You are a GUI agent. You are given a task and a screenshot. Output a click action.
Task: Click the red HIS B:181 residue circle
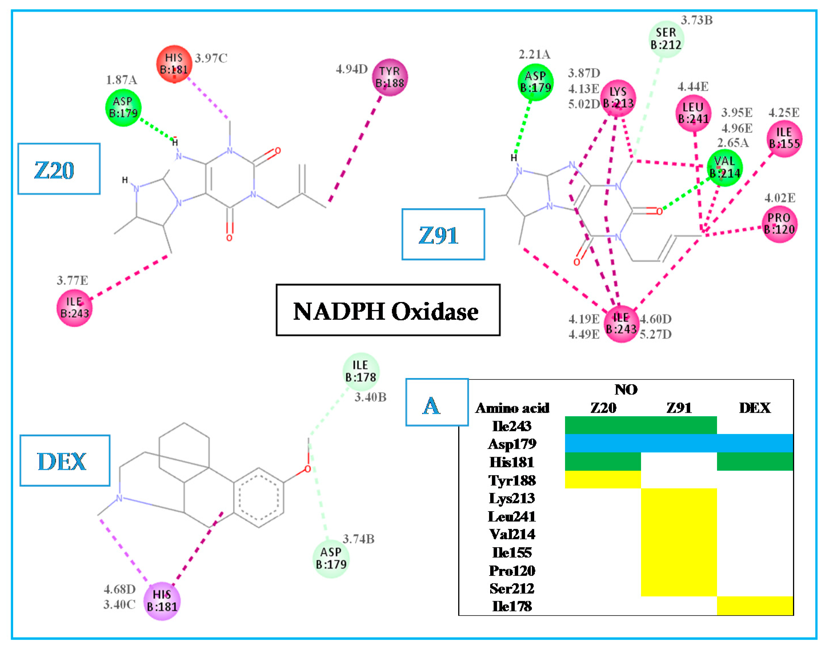[174, 64]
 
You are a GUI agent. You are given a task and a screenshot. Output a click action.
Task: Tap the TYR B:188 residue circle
[390, 77]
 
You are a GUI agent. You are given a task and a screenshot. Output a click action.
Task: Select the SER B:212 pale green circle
[666, 39]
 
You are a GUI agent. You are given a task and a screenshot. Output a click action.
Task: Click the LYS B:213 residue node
[618, 98]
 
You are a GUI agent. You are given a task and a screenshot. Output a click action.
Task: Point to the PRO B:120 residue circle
[779, 224]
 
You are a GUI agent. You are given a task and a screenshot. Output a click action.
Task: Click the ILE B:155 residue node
[784, 138]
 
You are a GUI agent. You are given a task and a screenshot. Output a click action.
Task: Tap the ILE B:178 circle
[361, 371]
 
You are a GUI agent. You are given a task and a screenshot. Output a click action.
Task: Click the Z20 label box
[59, 169]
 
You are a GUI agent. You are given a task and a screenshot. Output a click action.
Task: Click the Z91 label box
[443, 234]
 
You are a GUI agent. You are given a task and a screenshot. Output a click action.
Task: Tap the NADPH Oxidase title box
[388, 310]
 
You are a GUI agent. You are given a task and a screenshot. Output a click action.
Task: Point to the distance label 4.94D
[351, 69]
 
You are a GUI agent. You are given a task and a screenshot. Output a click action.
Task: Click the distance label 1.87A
[121, 80]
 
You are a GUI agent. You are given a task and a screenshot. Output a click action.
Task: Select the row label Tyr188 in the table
[512, 480]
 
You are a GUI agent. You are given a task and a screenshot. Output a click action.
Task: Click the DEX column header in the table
[755, 408]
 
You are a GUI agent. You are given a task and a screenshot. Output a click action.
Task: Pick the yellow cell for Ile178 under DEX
[755, 606]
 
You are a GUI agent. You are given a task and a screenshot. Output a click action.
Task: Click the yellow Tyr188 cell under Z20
[603, 480]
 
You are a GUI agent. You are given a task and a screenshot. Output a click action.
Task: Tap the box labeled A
[436, 402]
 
